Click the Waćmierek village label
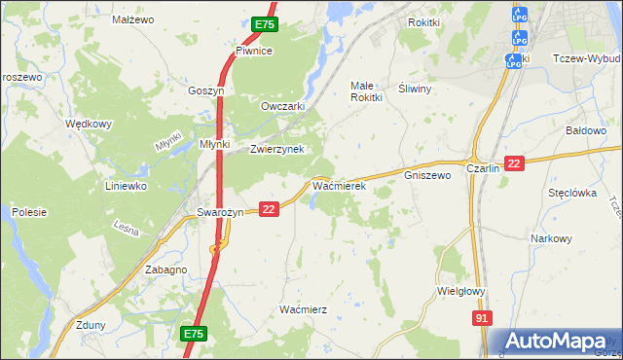coord(338,184)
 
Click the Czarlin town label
coord(483,167)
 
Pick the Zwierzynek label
coord(277,149)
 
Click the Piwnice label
coord(253,51)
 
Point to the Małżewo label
coord(133,18)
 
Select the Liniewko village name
coord(126,185)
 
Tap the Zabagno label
coord(165,270)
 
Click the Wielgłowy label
coord(460,290)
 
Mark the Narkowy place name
coord(551,238)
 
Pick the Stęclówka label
coord(571,193)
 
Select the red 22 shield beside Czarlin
coord(515,163)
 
